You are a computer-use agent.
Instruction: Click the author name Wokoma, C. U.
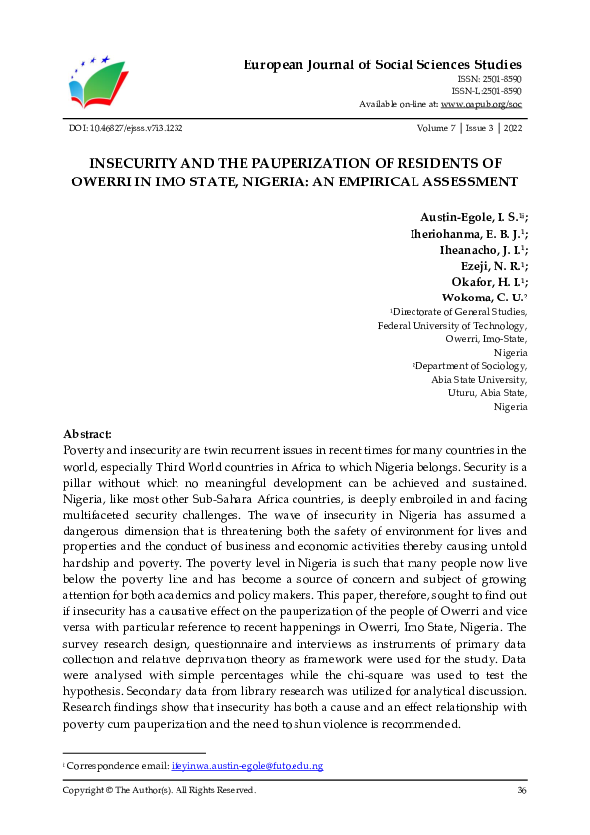pyautogui.click(x=480, y=297)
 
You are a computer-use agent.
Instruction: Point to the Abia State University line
pyautogui.click(x=479, y=379)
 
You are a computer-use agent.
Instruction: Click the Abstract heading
pyautogui.click(x=87, y=434)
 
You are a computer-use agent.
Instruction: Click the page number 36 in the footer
pyautogui.click(x=521, y=790)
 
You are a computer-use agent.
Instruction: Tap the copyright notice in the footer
pyautogui.click(x=160, y=790)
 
